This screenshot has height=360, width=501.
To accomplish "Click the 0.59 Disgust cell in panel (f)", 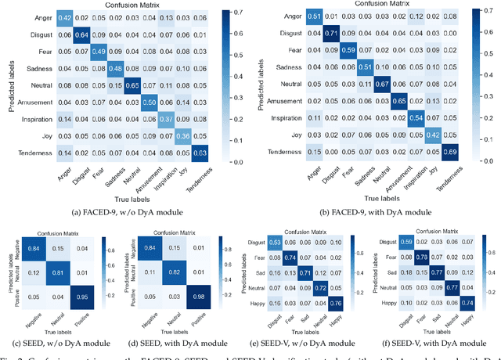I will [x=405, y=241].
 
